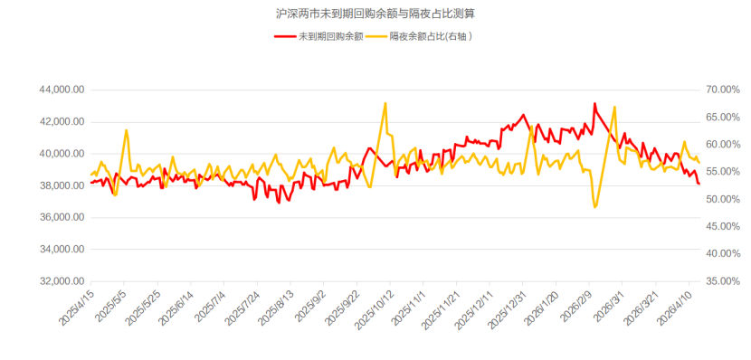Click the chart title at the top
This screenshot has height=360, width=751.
pos(375,14)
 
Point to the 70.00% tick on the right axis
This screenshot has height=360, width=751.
pos(721,90)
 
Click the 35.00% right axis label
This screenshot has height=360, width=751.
pos(721,281)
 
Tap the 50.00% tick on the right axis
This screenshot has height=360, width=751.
pos(721,199)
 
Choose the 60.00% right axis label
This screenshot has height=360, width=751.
pos(721,145)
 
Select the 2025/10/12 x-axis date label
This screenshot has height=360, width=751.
pos(377,308)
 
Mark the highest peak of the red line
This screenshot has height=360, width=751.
pos(594,104)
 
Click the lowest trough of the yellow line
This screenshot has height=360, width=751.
pos(595,207)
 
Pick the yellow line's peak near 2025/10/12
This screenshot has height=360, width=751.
pos(385,103)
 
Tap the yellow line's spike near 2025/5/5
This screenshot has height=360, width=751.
pos(127,130)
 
